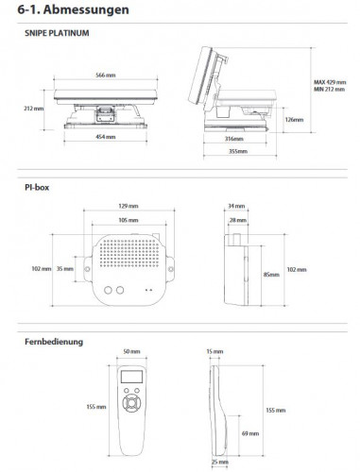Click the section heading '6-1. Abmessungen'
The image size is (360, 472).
(x=73, y=9)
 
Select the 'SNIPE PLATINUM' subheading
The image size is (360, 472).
(x=57, y=33)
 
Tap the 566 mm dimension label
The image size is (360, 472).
(x=106, y=76)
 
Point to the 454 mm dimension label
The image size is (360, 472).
(x=106, y=137)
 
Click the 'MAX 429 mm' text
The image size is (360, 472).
(x=330, y=82)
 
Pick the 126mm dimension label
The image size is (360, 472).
(x=294, y=120)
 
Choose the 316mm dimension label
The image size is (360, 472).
(x=234, y=139)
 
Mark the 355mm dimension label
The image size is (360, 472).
(x=238, y=151)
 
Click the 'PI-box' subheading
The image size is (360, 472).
(x=37, y=188)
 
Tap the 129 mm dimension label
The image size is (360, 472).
(x=129, y=206)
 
